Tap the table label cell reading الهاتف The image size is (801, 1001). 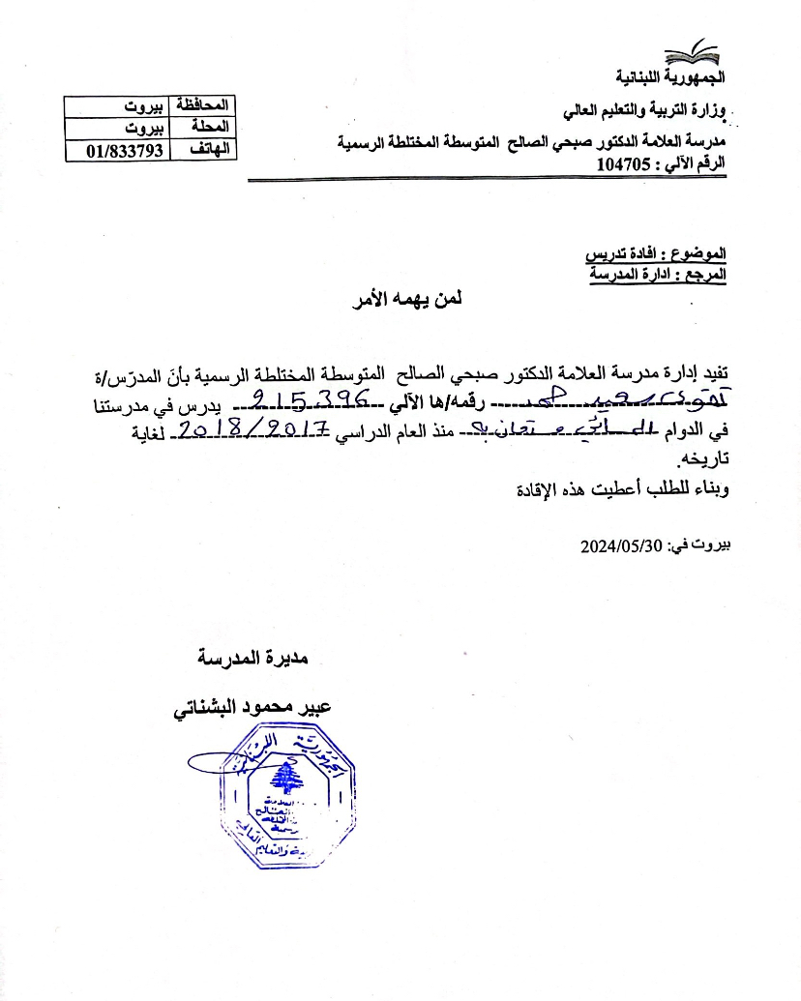point(202,150)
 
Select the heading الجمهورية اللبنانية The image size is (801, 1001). point(672,75)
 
